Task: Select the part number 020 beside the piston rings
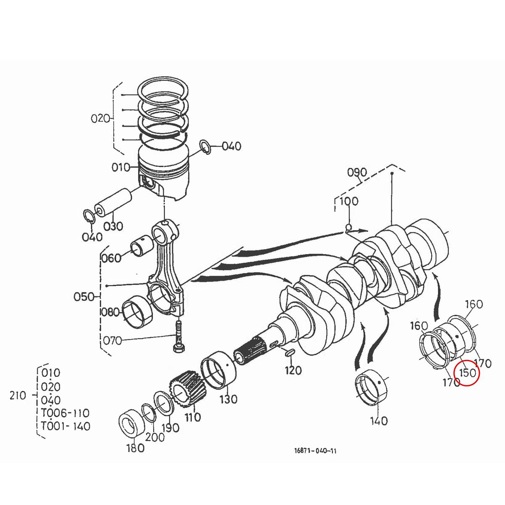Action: tap(100, 118)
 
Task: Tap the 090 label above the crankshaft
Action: tap(357, 173)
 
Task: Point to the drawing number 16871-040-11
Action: tap(315, 451)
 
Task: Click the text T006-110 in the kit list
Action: tap(66, 413)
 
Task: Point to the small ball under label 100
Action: tap(348, 228)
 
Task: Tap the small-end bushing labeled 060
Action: tap(142, 247)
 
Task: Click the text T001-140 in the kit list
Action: tap(66, 426)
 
